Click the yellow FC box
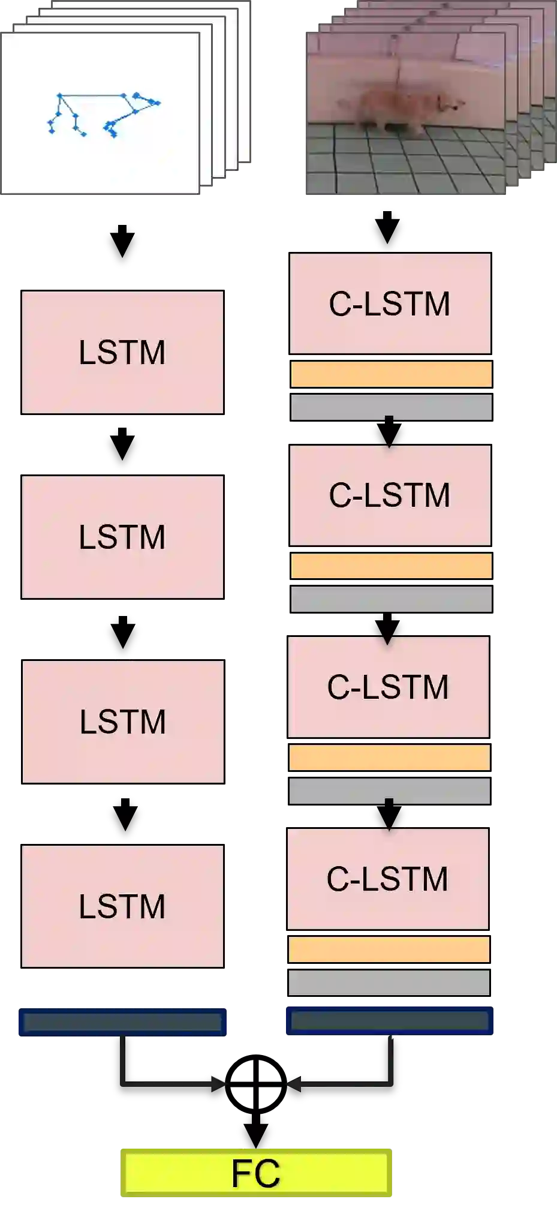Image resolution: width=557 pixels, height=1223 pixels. (x=256, y=1173)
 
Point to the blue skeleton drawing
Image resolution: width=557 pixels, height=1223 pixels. (x=102, y=114)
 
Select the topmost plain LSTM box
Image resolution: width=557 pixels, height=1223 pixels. (x=122, y=352)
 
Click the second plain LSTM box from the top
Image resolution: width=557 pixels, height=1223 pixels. (x=122, y=537)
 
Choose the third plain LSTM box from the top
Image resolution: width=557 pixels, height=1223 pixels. (x=122, y=721)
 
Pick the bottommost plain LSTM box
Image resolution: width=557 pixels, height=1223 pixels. (x=122, y=906)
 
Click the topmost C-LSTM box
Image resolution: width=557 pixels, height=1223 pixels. (x=390, y=304)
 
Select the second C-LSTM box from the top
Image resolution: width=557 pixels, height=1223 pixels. (x=390, y=495)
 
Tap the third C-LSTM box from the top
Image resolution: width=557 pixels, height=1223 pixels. (x=389, y=687)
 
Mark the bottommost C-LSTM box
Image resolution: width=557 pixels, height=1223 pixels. (x=388, y=879)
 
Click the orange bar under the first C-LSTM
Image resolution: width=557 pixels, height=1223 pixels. (x=391, y=374)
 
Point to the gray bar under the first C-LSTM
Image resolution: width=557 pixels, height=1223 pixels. (x=391, y=407)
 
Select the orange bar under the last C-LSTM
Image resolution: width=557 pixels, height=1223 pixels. (x=389, y=949)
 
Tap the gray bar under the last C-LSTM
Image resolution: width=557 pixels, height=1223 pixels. (x=389, y=982)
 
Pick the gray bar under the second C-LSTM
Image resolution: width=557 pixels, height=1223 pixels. (x=391, y=599)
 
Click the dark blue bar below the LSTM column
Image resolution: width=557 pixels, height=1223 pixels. (x=122, y=1022)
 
